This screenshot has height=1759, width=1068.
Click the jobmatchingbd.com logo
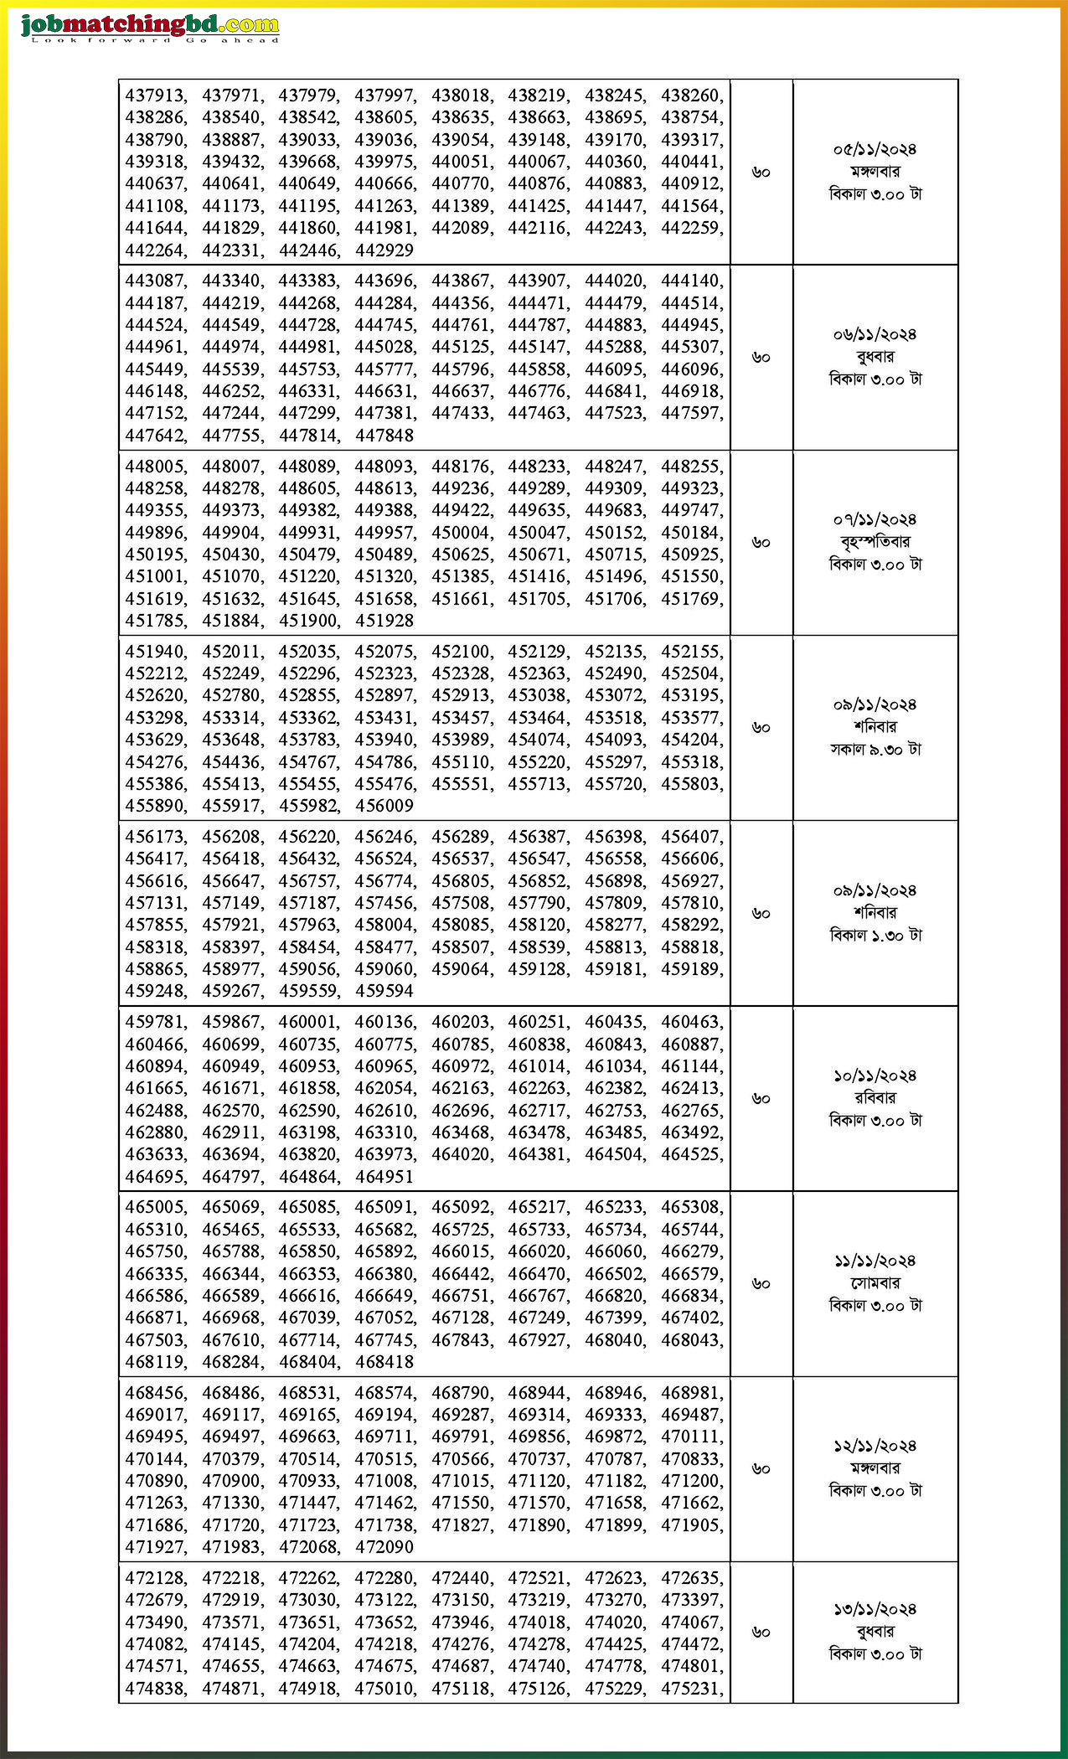pos(149,28)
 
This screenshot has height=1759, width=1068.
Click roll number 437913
pos(155,95)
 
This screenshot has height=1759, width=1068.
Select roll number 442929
pos(384,250)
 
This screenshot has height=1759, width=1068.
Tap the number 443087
pos(155,281)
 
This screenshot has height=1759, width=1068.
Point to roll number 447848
pos(384,435)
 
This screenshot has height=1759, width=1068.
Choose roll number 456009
pos(384,805)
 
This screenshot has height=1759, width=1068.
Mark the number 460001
pos(308,1022)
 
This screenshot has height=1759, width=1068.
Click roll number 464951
pos(384,1176)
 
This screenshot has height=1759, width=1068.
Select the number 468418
pos(384,1361)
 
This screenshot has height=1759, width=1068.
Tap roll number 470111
pos(691,1437)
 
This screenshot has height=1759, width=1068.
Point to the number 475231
pos(691,1689)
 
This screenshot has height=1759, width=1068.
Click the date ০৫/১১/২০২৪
pos(875,149)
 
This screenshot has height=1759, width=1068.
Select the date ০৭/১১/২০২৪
pos(875,519)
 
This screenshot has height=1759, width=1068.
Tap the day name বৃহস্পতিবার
pos(875,541)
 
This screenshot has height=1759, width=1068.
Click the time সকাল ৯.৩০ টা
pos(875,749)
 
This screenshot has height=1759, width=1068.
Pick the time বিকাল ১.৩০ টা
pos(875,935)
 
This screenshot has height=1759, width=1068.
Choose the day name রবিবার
pos(875,1097)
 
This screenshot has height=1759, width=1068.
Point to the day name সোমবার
pos(875,1282)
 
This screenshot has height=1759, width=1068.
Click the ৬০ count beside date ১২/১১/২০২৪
pos(761,1468)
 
